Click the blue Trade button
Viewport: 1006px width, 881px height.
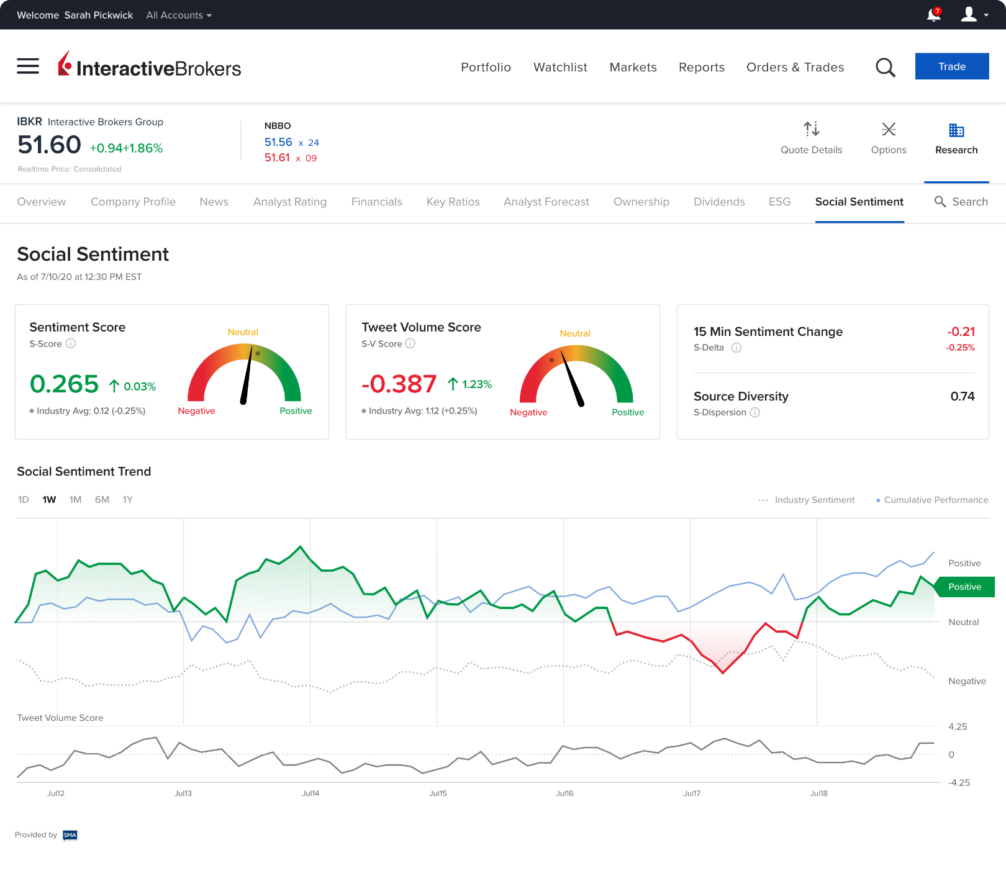(x=951, y=66)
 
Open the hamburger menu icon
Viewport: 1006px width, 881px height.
(x=28, y=66)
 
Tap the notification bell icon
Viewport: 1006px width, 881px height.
(x=933, y=15)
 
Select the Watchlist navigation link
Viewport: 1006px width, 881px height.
(x=560, y=67)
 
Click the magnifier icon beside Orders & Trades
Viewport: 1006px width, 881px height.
(x=885, y=67)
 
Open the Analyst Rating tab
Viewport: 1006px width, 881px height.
(x=289, y=202)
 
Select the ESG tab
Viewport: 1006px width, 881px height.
(x=779, y=202)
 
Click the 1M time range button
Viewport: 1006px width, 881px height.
(x=75, y=500)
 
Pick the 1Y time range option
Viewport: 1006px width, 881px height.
(x=127, y=500)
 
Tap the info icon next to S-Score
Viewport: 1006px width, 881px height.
(x=71, y=343)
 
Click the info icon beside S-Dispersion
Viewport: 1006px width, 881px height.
(x=754, y=412)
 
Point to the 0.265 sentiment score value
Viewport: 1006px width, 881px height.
(x=65, y=384)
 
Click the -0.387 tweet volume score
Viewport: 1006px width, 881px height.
(x=399, y=384)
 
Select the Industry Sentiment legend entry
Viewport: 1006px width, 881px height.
(x=807, y=500)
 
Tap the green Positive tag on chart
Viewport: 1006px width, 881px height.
(x=964, y=587)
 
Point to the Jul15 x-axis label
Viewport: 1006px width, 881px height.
(x=438, y=793)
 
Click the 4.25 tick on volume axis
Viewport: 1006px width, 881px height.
(x=958, y=727)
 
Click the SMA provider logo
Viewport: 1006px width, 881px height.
(x=70, y=835)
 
